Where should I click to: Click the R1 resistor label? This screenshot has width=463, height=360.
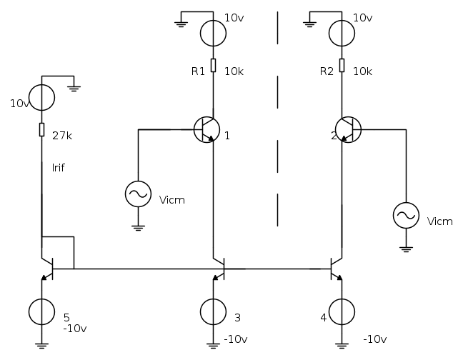pos(197,71)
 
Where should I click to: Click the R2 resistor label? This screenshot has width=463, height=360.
pos(326,71)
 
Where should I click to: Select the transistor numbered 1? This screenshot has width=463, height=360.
pos(206,129)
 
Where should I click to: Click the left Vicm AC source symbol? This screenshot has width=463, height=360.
pos(137,193)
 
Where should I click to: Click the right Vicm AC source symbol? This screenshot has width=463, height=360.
pos(406,214)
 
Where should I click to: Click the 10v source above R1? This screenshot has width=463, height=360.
pos(213,33)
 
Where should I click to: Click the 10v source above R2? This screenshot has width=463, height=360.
pos(342,33)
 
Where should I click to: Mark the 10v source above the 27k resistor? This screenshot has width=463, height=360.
pos(41,98)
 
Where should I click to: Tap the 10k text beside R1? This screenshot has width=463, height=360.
pos(234,71)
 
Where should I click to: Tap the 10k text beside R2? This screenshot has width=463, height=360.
pos(362,71)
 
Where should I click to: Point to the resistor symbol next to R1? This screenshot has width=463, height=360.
pos(213,65)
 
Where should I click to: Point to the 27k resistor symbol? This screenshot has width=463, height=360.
pos(41,129)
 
